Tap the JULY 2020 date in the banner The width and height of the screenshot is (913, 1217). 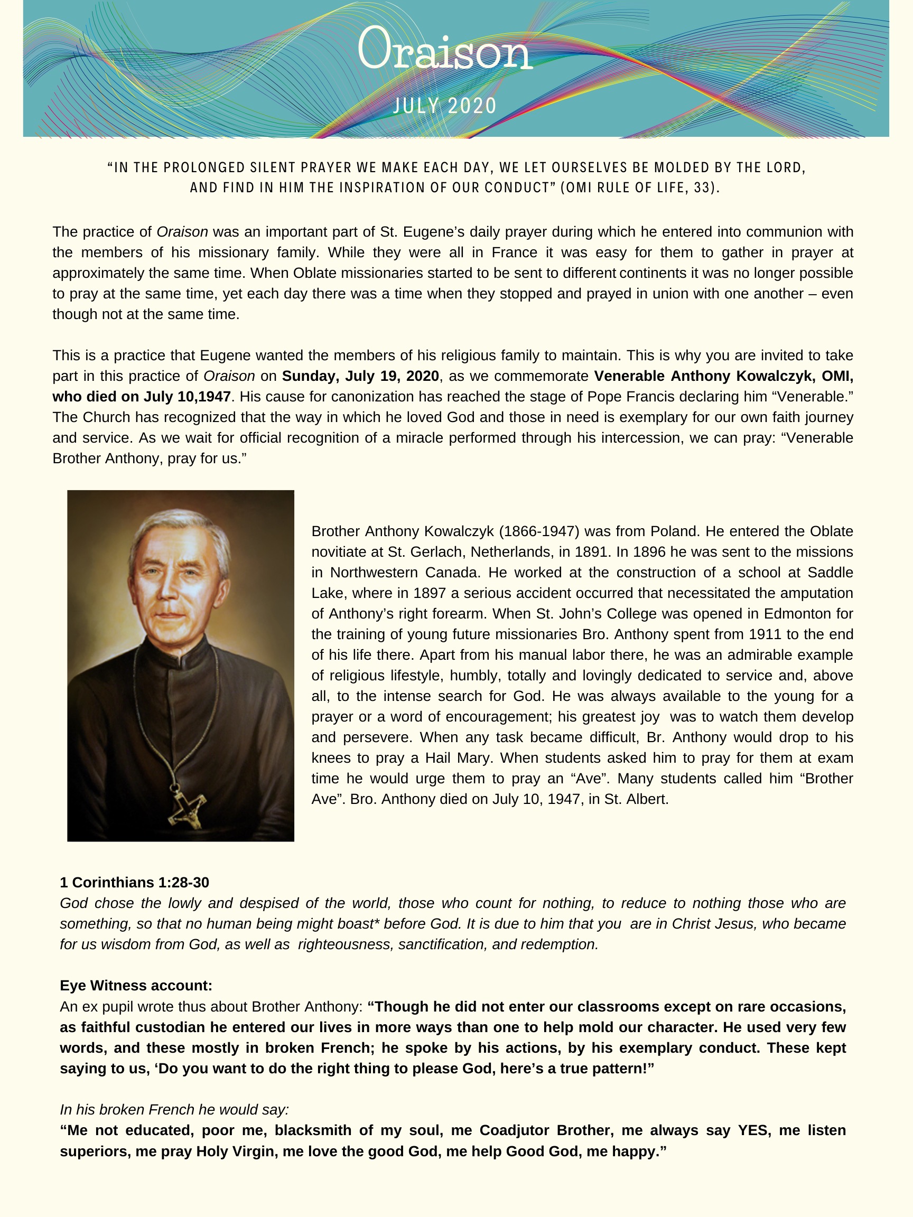pos(445,105)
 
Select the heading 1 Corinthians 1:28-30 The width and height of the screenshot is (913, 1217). pos(134,882)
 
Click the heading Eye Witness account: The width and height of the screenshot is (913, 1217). pos(136,985)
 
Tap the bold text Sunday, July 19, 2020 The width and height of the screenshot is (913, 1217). pos(360,376)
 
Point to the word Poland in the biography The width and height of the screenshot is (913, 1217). pos(674,531)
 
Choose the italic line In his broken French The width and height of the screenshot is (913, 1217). pos(174,1109)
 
